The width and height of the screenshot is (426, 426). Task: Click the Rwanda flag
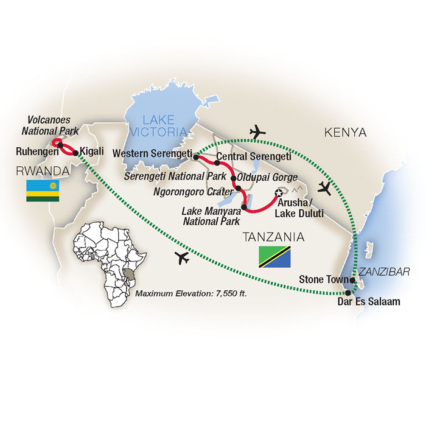[x=41, y=190]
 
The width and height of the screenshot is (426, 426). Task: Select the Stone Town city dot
[x=352, y=280]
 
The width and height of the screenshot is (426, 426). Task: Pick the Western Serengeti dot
[x=195, y=157]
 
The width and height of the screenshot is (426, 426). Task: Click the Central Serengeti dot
[x=217, y=162]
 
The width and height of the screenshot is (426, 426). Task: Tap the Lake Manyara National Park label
[x=206, y=217]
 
